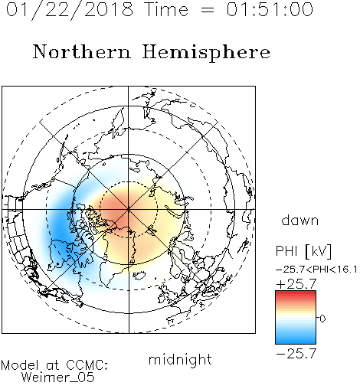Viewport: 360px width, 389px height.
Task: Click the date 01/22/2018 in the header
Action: tap(70, 9)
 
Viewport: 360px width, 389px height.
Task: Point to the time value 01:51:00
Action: tap(270, 9)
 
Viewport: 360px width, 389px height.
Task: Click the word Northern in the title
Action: tap(82, 51)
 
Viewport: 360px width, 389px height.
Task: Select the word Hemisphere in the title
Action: tap(206, 53)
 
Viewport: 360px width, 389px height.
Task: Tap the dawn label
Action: tap(300, 221)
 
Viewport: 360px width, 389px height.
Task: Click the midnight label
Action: tap(180, 359)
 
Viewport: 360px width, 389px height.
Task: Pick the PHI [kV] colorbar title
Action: tap(303, 251)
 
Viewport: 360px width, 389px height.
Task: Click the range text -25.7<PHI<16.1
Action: tap(316, 270)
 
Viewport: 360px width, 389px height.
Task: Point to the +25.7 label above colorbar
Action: tap(296, 284)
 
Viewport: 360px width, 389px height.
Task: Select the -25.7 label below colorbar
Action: tap(296, 354)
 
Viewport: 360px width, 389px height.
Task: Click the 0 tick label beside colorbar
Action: tap(322, 319)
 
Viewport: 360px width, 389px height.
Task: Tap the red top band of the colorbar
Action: tap(296, 293)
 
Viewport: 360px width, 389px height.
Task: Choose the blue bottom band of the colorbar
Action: tap(296, 341)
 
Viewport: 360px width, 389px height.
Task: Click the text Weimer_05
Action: tap(58, 378)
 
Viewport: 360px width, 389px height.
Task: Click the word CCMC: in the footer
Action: tap(87, 365)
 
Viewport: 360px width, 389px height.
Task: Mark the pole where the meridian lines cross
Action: tap(129, 210)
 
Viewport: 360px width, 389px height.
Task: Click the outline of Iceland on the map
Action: tap(139, 275)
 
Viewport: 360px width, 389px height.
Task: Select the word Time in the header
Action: tap(166, 9)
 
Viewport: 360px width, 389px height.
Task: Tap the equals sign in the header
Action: tap(208, 11)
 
